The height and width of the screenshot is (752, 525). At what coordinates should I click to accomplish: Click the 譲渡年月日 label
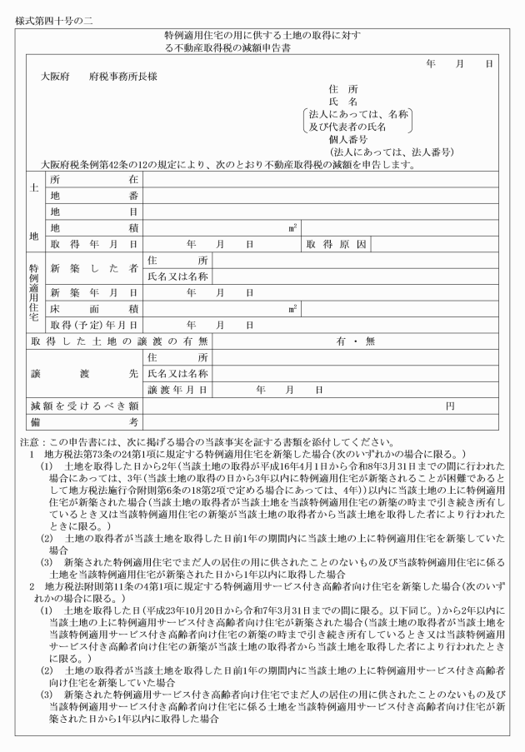(x=177, y=390)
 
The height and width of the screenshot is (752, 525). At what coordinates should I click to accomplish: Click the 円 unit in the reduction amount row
(x=450, y=406)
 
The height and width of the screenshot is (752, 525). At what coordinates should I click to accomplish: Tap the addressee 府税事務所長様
(x=123, y=77)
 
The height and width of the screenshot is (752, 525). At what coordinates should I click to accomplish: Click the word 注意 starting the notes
(x=30, y=442)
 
